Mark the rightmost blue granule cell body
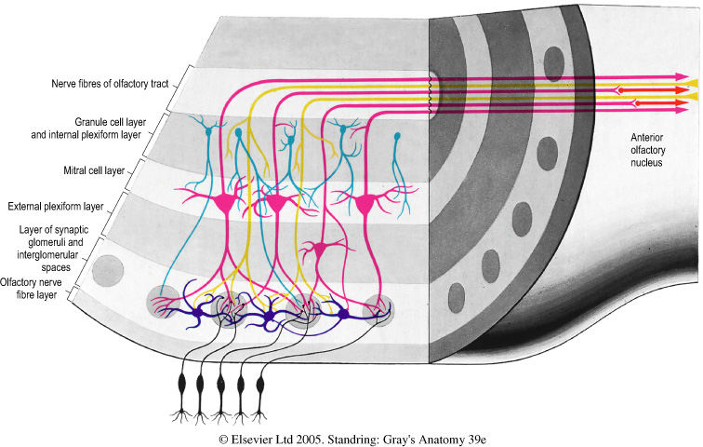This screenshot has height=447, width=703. point(398,139)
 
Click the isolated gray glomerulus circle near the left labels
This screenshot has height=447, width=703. point(107,268)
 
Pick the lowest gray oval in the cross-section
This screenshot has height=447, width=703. point(457,296)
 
